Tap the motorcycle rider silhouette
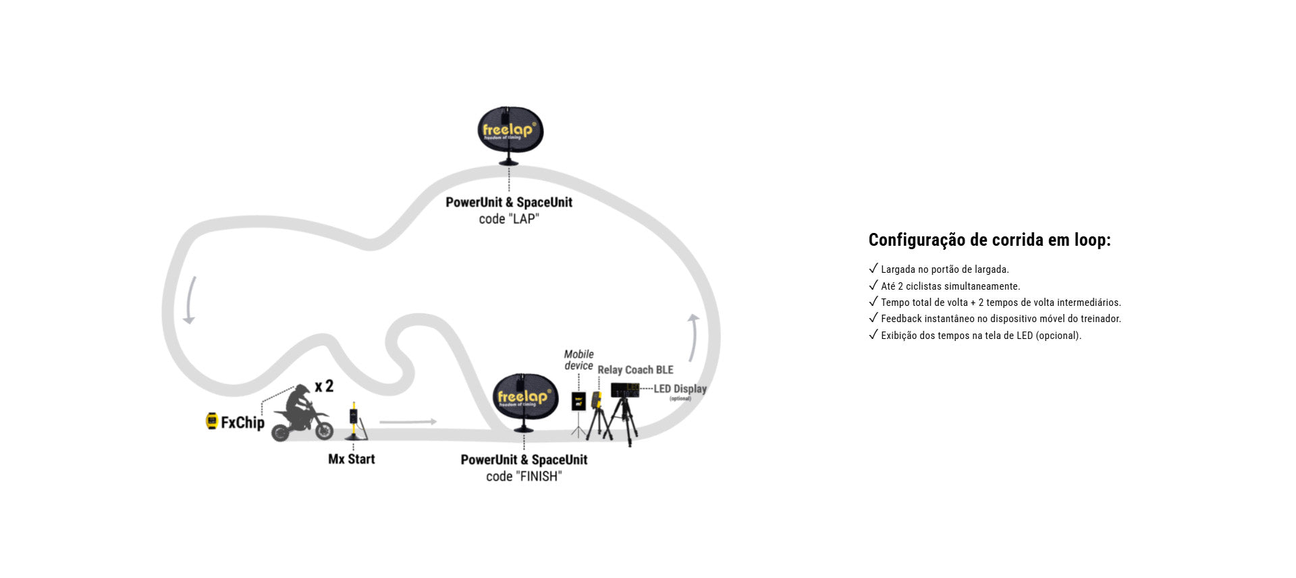coord(301,414)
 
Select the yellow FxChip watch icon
coord(211,421)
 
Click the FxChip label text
coord(242,423)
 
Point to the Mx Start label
coord(351,459)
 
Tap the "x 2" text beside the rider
coord(324,386)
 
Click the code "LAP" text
coord(509,219)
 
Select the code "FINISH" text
coord(524,477)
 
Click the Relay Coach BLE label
coord(635,370)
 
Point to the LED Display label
coord(680,389)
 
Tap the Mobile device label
coord(578,360)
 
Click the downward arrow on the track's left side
coord(190,300)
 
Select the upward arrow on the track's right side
coord(693,337)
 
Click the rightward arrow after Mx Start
coord(408,422)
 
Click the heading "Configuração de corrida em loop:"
coord(990,240)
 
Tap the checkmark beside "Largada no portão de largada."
coord(873,269)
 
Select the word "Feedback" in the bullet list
coord(901,319)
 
